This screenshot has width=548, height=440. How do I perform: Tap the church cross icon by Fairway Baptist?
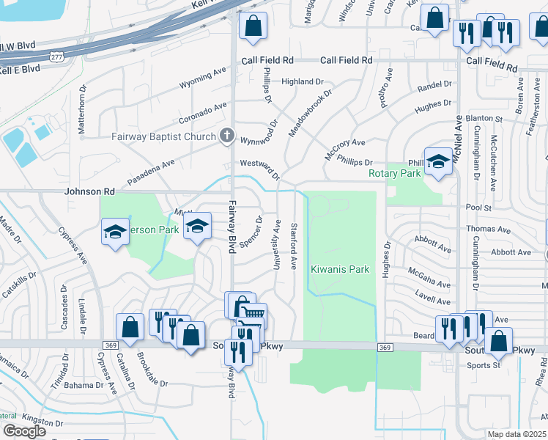click(227, 136)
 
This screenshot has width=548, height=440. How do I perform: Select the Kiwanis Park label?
click(341, 269)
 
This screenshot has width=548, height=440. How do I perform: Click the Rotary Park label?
click(395, 174)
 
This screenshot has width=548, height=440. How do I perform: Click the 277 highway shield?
click(56, 55)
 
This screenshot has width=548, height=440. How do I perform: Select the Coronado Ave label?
click(203, 114)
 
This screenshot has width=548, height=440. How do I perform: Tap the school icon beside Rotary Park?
click(438, 161)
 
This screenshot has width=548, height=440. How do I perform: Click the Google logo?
click(24, 431)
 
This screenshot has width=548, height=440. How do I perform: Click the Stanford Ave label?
click(294, 246)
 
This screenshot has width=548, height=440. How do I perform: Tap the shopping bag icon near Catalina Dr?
click(130, 328)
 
